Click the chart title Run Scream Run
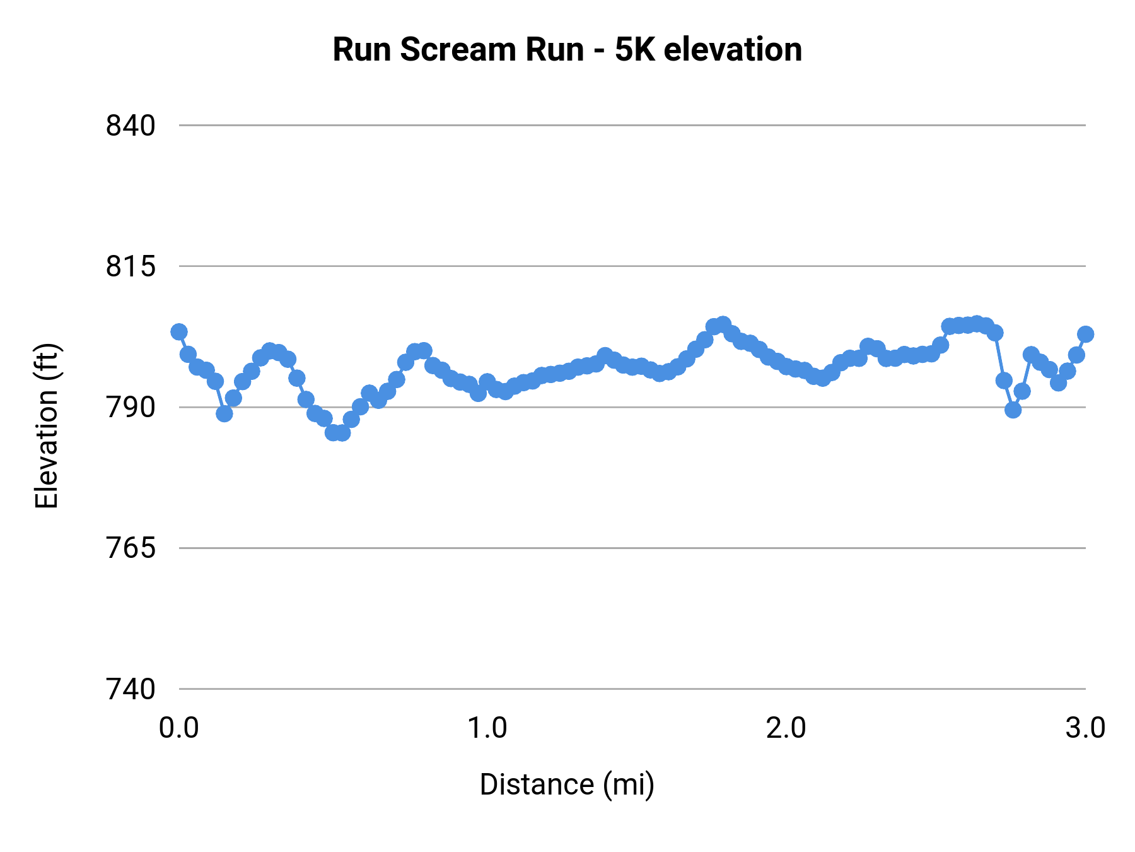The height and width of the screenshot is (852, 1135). (567, 49)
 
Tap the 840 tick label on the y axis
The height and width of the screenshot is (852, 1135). (131, 126)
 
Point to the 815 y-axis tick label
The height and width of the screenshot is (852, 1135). (131, 266)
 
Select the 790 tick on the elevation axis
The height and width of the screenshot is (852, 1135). (131, 408)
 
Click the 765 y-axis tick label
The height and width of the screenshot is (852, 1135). (131, 548)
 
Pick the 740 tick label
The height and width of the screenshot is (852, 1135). (131, 689)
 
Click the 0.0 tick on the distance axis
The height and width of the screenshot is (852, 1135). (179, 728)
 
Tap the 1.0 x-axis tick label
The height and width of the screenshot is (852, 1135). (487, 728)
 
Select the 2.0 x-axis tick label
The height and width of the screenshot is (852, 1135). (786, 728)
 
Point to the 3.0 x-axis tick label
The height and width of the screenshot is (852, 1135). (1085, 728)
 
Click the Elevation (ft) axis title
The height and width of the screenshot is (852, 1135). (47, 425)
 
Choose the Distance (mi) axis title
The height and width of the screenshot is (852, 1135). (567, 784)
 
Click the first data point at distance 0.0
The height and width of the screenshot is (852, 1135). (179, 331)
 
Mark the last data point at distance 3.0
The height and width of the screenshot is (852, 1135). (1085, 334)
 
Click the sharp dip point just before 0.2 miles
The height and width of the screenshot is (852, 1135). (224, 413)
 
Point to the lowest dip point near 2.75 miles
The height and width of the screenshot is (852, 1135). (1013, 410)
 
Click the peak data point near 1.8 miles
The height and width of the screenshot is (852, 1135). (723, 324)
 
